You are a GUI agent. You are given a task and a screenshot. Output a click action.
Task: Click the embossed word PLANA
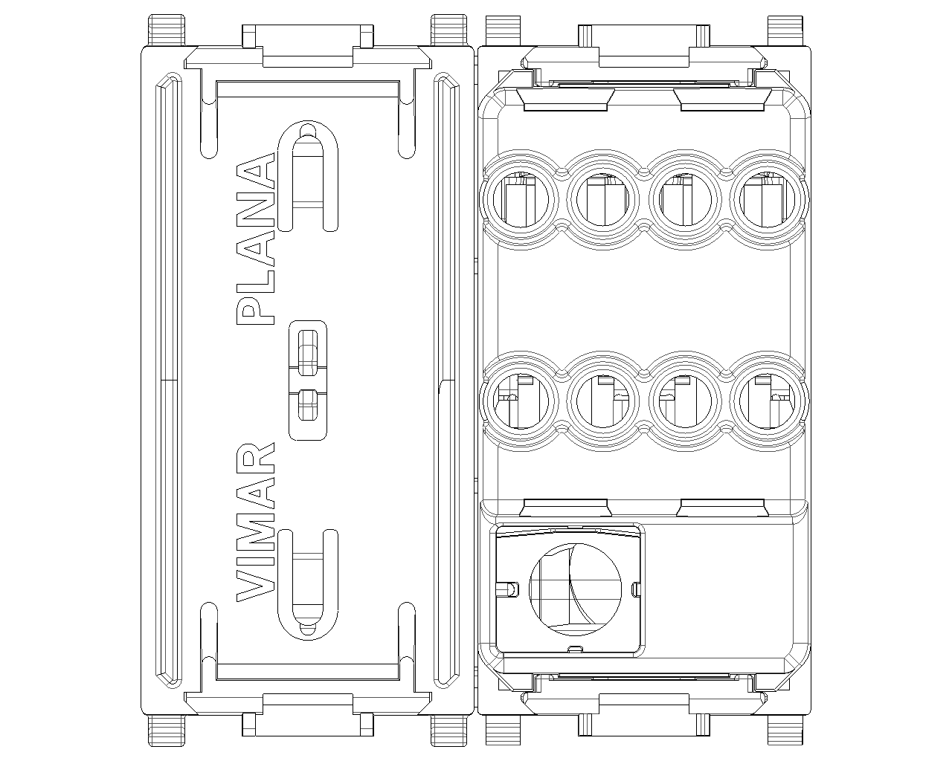click(256, 239)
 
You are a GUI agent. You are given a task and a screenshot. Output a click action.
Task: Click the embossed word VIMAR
click(256, 522)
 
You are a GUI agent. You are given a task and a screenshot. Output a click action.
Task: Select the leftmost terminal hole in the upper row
click(521, 200)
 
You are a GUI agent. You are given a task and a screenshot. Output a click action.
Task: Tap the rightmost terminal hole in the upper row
click(767, 200)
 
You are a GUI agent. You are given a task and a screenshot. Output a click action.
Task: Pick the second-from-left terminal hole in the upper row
click(603, 200)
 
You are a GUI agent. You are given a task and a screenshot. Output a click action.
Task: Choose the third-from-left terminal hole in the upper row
click(685, 200)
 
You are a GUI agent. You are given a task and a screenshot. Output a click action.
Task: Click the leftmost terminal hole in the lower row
click(521, 401)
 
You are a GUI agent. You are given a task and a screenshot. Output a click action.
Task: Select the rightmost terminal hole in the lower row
click(767, 401)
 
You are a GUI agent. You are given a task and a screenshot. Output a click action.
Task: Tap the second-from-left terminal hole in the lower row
click(603, 401)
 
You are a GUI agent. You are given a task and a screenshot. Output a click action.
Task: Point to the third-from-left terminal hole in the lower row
click(685, 401)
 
